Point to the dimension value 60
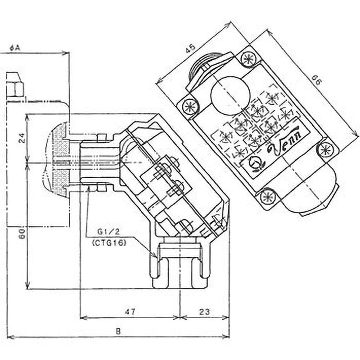[21, 233]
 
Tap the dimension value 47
[130, 311]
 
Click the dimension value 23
[204, 311]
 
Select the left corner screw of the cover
[190, 107]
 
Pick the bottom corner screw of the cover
[268, 197]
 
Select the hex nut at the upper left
[15, 85]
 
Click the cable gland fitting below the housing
[179, 265]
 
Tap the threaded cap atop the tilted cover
[205, 70]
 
